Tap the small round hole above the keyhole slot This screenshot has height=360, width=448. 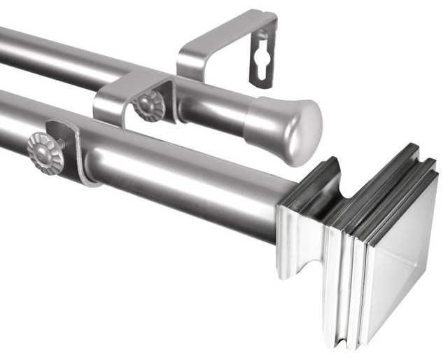tap(264, 34)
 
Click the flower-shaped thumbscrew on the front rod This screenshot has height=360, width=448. tap(45, 152)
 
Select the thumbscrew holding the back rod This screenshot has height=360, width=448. tap(149, 106)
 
